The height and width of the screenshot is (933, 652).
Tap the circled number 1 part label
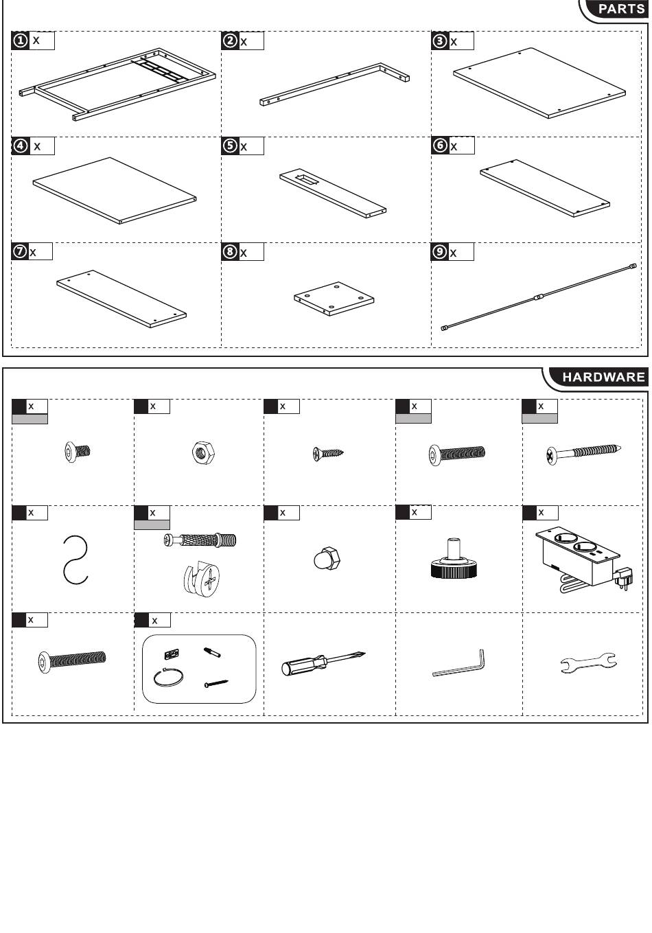point(20,41)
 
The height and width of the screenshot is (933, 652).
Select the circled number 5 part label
point(230,146)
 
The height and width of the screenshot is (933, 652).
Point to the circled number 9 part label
point(440,251)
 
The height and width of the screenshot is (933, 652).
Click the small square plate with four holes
point(334,298)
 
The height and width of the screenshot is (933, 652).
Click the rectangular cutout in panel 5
point(307,179)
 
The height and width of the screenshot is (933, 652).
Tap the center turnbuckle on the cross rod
point(538,297)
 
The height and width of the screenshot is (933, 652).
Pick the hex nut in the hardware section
point(204,452)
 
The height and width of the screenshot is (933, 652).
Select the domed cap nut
point(327,559)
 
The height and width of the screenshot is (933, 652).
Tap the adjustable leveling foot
point(454,559)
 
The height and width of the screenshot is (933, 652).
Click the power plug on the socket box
point(622,579)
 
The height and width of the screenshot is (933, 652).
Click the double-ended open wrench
point(588,663)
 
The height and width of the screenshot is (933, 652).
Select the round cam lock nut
point(202,578)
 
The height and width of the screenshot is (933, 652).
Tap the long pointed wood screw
point(583,452)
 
